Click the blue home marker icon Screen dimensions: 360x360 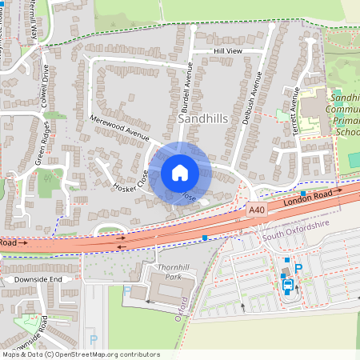pos(180,173)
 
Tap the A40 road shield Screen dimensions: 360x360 pos(256,210)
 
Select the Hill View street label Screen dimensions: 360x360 pos(227,50)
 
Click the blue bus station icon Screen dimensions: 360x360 pos(287,284)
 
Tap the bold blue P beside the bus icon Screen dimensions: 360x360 pos(299,269)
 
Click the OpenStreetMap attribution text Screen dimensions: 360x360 pos(81,354)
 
